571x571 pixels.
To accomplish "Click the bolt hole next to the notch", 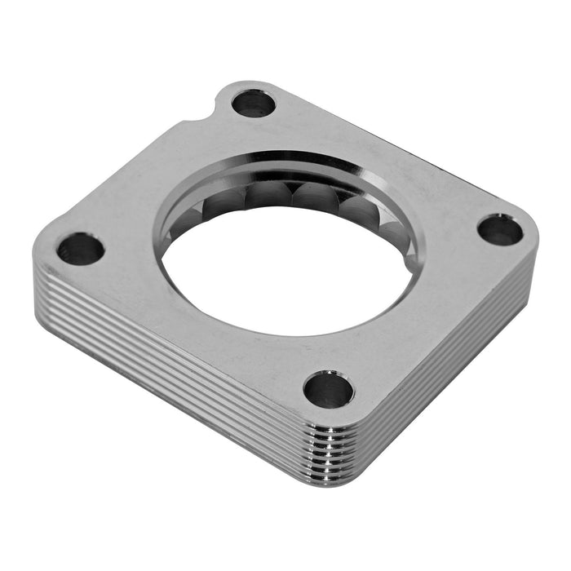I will pos(254,104).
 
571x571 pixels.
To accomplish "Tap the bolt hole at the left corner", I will pos(81,249).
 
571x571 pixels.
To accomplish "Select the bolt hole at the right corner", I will pos(500,230).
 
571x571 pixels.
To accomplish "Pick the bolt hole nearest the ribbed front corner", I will pos(329,390).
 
